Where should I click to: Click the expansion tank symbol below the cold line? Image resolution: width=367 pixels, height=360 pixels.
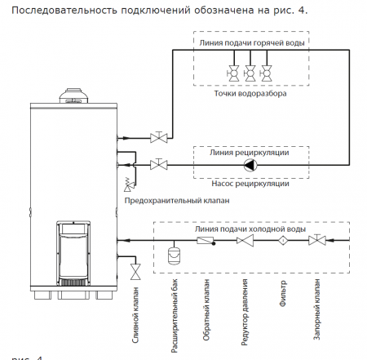(174, 254)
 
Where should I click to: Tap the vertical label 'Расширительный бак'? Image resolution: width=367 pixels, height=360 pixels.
(174, 315)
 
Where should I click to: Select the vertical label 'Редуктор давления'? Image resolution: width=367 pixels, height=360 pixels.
(243, 313)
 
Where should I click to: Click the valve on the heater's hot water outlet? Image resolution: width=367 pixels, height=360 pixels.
(160, 135)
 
